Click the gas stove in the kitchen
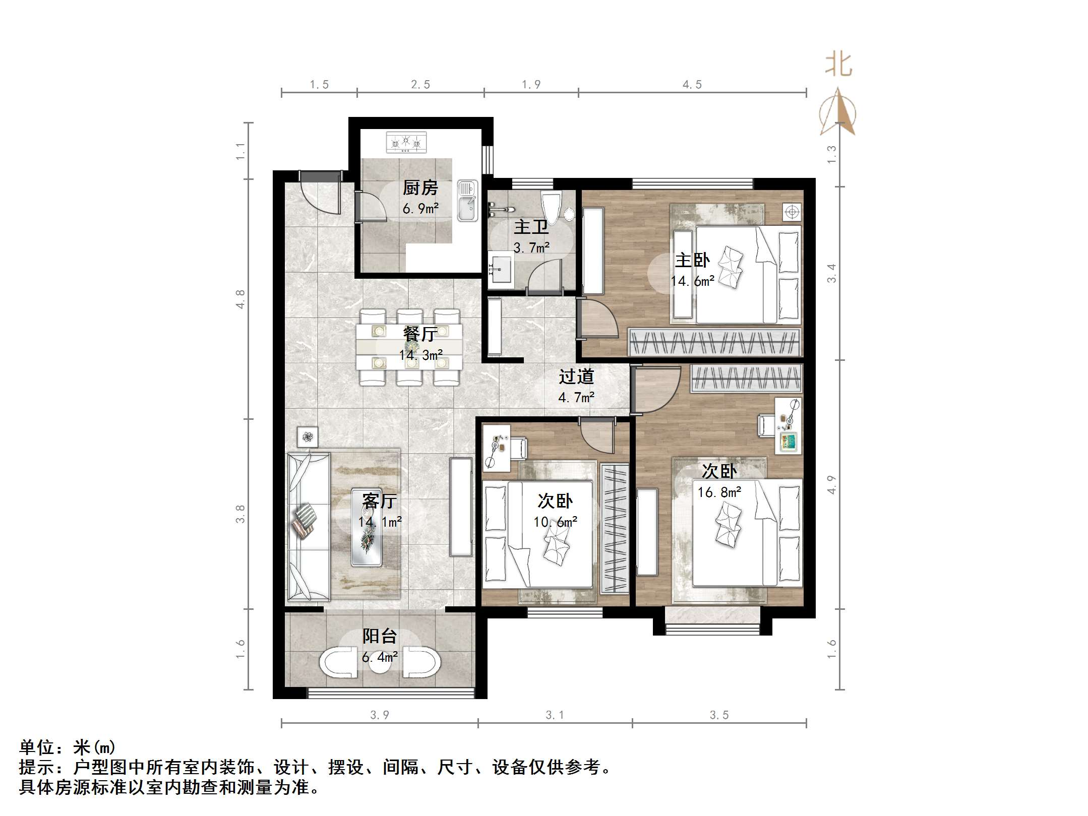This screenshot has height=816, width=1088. coord(406,142)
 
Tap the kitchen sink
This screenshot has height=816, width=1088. coord(467,200)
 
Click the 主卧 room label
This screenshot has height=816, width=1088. coord(692,260)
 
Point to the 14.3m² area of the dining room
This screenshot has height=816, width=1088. coord(420,355)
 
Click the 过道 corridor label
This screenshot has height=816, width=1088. coord(576,376)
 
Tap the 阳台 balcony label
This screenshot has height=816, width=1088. coord(380,636)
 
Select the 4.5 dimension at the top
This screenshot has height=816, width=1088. coord(692,85)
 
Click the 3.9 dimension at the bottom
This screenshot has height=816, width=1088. coord(379,715)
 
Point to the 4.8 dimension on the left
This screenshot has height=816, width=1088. coord(241,299)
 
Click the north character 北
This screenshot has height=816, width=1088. coord(838,65)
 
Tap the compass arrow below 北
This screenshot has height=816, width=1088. coord(837,112)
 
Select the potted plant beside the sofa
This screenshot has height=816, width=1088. coord(308,436)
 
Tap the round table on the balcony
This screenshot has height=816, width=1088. coord(379,664)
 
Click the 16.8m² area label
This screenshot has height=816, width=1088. coord(719,492)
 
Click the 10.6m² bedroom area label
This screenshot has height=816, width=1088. coord(555,522)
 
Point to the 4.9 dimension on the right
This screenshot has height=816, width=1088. coord(831,484)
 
